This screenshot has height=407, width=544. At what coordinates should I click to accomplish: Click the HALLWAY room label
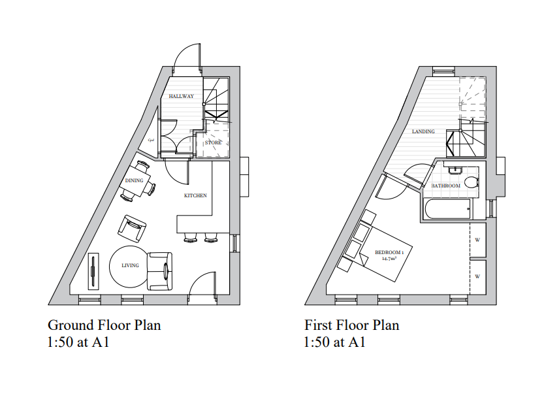pyautogui.click(x=181, y=96)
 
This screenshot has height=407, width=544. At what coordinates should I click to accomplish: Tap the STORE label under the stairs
pyautogui.click(x=213, y=142)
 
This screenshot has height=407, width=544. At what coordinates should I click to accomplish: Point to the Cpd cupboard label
pyautogui.click(x=150, y=139)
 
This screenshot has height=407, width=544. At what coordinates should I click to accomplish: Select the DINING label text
pyautogui.click(x=134, y=181)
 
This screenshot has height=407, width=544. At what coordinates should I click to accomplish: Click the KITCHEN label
pyautogui.click(x=195, y=195)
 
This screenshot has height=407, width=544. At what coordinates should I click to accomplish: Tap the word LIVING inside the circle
pyautogui.click(x=130, y=266)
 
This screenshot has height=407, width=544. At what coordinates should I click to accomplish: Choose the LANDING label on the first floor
pyautogui.click(x=423, y=131)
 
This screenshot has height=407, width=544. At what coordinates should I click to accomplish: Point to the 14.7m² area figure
pyautogui.click(x=390, y=259)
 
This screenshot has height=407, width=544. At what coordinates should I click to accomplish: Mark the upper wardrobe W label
pyautogui.click(x=477, y=240)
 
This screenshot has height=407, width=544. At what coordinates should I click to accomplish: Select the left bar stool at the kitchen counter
pyautogui.click(x=190, y=238)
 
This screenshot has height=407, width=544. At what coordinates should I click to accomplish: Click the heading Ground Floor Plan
pyautogui.click(x=104, y=325)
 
